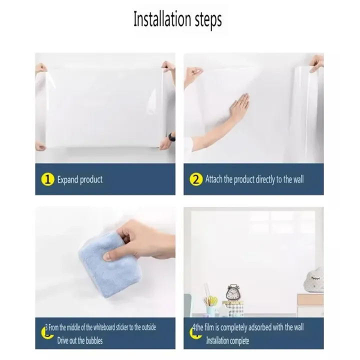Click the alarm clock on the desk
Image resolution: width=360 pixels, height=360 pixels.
click(x=233, y=293)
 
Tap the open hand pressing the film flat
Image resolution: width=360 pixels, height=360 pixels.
click(x=237, y=107)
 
